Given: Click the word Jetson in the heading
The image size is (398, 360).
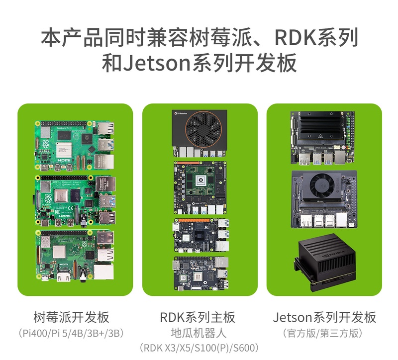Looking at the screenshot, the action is [x=157, y=63].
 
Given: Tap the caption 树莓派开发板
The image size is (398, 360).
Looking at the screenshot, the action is [x=71, y=317].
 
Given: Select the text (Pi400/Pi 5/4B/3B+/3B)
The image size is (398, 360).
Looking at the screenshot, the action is [x=71, y=333].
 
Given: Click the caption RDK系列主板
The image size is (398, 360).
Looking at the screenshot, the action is [x=198, y=317].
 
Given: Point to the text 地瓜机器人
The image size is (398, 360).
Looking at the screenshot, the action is [x=199, y=333].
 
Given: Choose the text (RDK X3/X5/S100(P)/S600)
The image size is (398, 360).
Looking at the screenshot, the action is [x=199, y=348].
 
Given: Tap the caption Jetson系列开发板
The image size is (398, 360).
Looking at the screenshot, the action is [x=324, y=317].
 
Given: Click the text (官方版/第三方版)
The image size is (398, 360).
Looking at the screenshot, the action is [x=323, y=333].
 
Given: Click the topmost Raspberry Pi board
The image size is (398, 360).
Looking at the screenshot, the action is [x=75, y=146].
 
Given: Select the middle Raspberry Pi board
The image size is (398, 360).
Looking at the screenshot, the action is [x=75, y=200].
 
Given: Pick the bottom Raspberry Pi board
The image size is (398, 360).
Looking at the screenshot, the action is [x=75, y=256].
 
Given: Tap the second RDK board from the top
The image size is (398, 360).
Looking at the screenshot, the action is [x=200, y=188].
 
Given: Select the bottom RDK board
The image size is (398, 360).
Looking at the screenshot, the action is [x=201, y=273].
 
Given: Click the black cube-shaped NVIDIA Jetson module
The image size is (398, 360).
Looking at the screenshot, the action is [x=325, y=262].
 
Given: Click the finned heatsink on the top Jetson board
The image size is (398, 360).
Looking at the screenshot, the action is [x=321, y=129].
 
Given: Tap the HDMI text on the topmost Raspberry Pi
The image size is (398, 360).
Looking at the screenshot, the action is [x=64, y=160].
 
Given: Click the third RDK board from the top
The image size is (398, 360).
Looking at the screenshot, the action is [x=201, y=235].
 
